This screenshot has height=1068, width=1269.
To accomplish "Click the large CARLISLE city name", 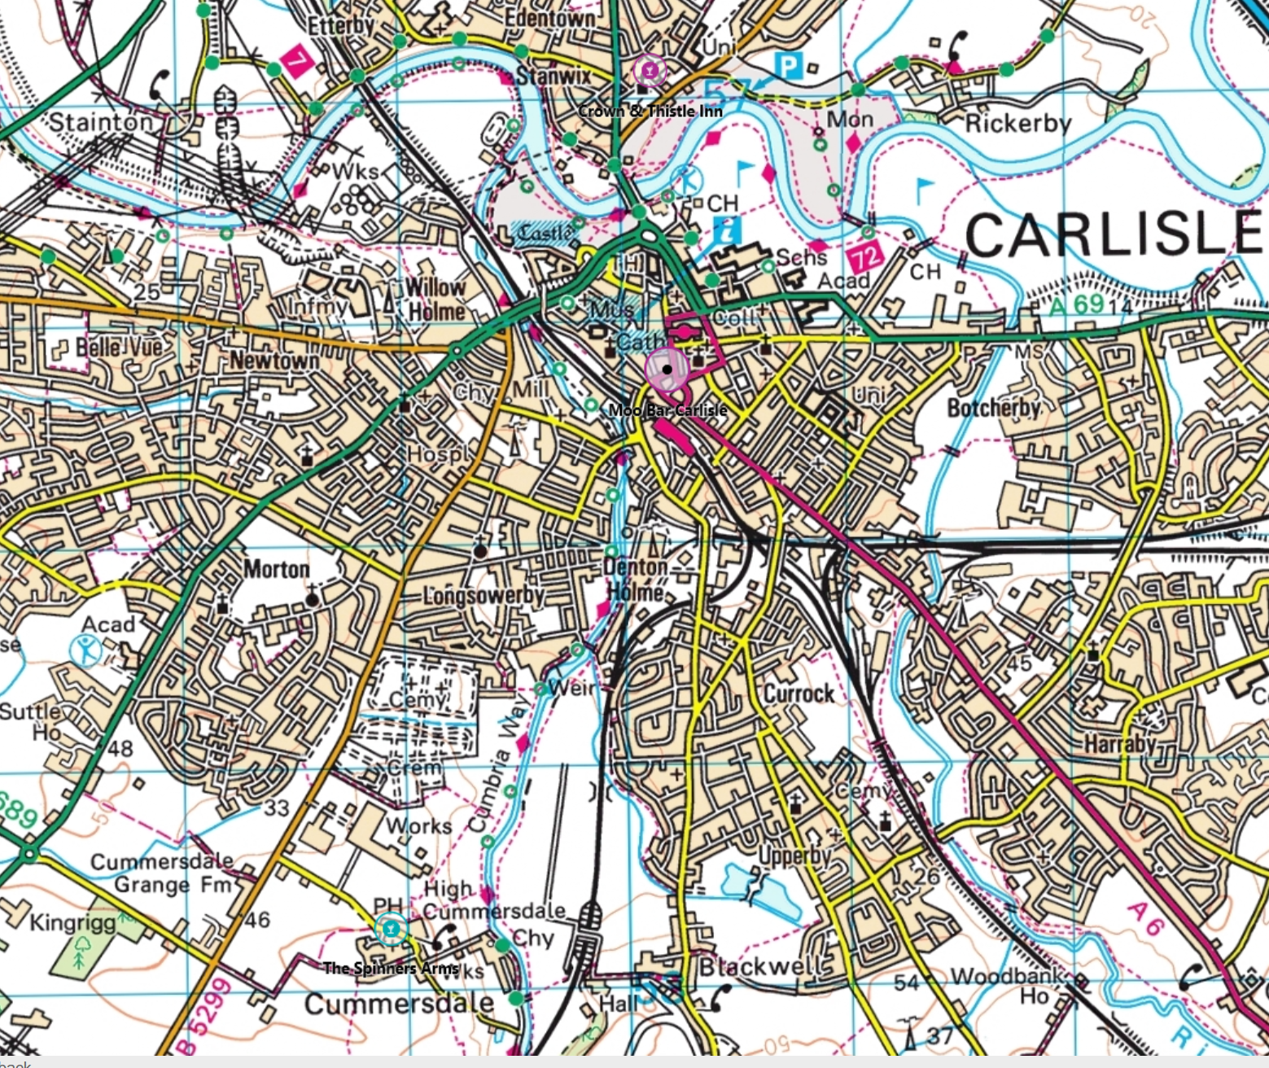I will [x=1112, y=234].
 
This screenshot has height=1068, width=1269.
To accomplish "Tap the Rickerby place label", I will [x=1017, y=124].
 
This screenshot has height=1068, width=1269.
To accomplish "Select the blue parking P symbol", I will [x=786, y=65].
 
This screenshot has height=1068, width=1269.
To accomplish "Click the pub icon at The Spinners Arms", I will [x=392, y=928].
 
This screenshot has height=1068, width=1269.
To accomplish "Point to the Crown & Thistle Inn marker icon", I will [x=649, y=71].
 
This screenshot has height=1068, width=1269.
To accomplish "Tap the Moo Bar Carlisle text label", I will [x=667, y=409].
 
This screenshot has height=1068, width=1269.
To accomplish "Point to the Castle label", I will [x=545, y=233].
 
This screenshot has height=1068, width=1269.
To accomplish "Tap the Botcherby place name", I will [x=993, y=407].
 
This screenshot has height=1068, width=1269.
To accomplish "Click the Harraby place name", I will [x=1119, y=743].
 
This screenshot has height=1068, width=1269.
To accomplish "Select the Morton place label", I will [x=277, y=568].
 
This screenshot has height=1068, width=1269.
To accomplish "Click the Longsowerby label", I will [x=484, y=596].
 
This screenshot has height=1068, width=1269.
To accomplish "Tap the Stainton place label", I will [x=101, y=122].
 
